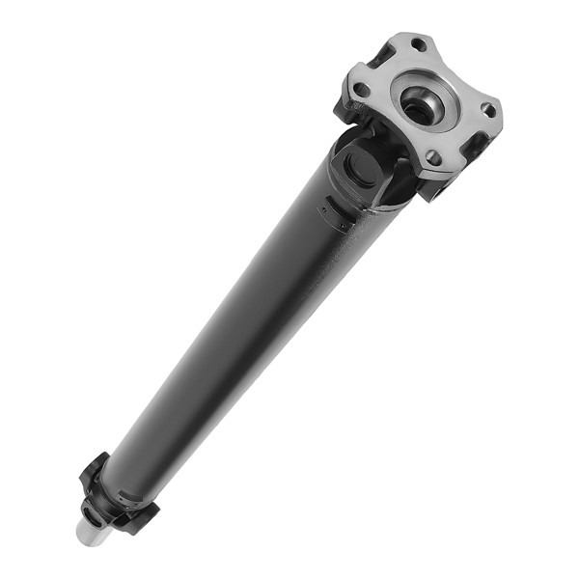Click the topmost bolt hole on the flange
418,44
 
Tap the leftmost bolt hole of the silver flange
360,90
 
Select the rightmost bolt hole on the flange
489,110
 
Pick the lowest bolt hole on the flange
433,157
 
